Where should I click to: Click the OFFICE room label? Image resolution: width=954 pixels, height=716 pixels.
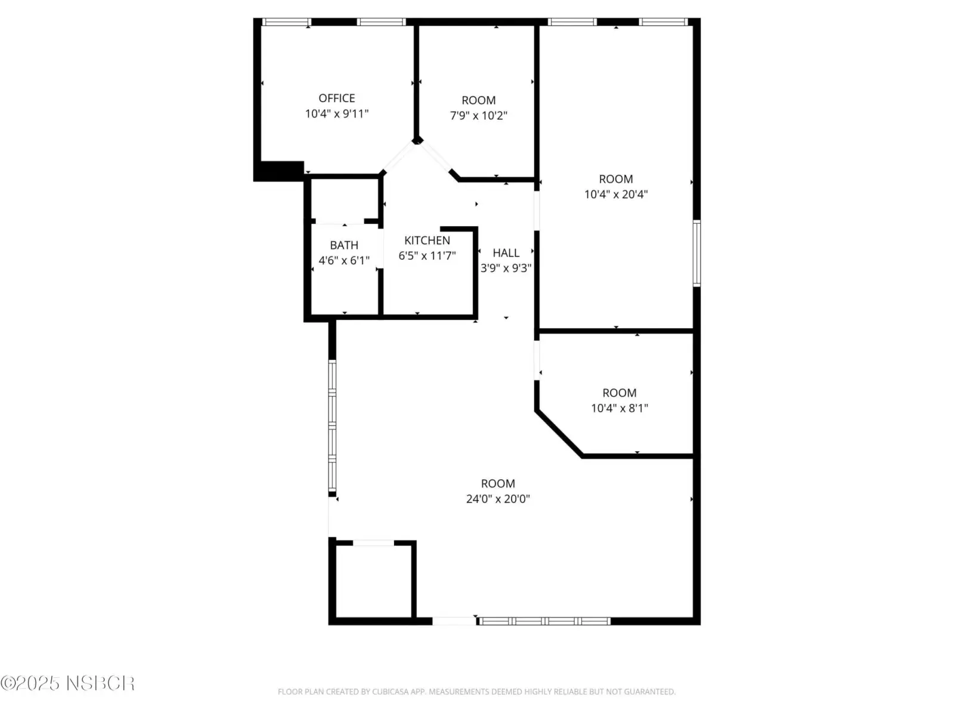336,98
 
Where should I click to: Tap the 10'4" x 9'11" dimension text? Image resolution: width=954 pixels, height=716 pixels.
336,114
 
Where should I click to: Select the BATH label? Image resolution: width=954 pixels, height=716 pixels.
344,245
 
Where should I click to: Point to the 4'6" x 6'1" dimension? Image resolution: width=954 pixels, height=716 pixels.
344,260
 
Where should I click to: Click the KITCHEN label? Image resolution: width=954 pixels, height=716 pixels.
427,240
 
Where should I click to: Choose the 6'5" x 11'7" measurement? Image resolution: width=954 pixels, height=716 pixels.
427,255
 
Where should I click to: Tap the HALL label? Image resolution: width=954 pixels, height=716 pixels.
506,252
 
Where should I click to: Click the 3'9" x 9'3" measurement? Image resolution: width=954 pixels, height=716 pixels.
506,268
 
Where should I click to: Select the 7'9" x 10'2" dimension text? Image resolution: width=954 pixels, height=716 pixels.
478,116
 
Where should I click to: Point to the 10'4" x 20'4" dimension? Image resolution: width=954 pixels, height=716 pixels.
615,195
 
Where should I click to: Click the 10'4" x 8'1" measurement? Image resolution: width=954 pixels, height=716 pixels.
619,408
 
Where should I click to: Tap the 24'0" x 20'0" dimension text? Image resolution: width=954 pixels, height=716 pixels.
498,499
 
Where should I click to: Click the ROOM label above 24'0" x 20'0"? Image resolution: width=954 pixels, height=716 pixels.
498,483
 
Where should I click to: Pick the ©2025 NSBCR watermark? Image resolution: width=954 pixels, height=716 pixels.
68,683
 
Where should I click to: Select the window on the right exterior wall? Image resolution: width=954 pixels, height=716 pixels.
696,253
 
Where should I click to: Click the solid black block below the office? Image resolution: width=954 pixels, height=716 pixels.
278,171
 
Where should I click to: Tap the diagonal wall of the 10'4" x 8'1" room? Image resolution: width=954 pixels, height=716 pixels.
559,433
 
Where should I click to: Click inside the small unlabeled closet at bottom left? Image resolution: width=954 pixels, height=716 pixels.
374,581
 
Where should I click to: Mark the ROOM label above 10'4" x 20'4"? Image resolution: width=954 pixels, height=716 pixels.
615,178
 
